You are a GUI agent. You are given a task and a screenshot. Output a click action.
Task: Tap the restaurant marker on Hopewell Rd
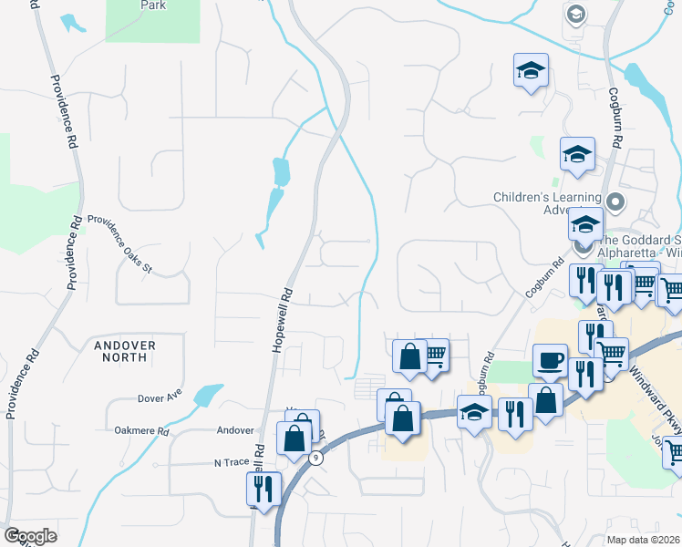click(x=263, y=489)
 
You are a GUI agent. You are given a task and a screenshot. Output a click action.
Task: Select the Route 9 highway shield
click(x=315, y=459)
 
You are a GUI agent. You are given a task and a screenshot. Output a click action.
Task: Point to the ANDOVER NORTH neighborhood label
click(x=125, y=351)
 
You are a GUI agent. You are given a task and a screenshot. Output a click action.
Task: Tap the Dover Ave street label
click(x=160, y=397)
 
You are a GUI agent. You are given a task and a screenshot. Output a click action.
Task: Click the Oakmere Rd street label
click(x=142, y=430)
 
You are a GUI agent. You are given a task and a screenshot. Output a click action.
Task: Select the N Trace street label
click(x=231, y=462)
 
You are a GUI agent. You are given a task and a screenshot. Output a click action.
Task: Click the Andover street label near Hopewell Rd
click(x=234, y=430)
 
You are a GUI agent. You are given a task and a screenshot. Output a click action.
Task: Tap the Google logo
click(x=30, y=535)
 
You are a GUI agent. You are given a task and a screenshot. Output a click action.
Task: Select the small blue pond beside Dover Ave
click(x=208, y=394)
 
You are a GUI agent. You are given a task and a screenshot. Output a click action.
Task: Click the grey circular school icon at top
click(x=575, y=15)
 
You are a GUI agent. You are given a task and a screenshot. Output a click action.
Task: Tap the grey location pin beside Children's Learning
click(x=616, y=201)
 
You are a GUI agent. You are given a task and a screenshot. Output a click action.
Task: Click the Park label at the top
click(x=153, y=5)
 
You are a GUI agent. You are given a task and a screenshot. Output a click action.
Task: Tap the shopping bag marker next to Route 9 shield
click(x=295, y=437)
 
